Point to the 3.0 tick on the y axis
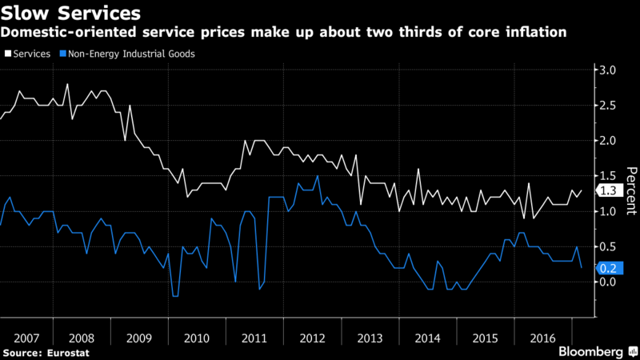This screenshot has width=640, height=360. pyautogui.click(x=608, y=71)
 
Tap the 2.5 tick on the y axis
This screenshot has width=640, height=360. pyautogui.click(x=608, y=106)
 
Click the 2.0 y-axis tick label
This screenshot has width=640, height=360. pyautogui.click(x=608, y=141)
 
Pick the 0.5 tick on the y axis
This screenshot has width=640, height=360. pyautogui.click(x=608, y=246)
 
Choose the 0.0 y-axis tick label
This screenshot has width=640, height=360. pyautogui.click(x=608, y=282)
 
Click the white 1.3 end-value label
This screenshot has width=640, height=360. pyautogui.click(x=608, y=190)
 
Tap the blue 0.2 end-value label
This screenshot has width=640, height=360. pyautogui.click(x=608, y=268)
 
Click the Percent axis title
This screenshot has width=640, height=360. pyautogui.click(x=630, y=190)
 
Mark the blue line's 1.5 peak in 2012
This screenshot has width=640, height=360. pyautogui.click(x=318, y=176)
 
